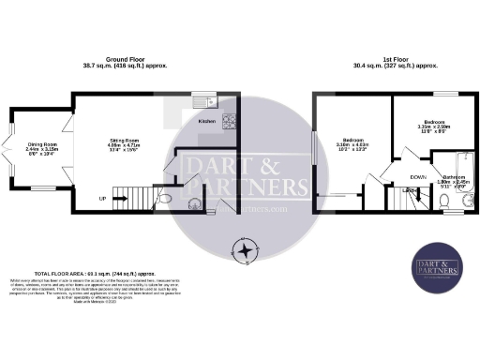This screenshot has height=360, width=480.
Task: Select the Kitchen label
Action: point(208,122)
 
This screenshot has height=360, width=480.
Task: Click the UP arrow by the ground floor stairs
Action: point(102,199)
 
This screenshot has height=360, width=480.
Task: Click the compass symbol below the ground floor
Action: point(245,251)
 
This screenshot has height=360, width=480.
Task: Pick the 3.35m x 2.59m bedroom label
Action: point(435,126)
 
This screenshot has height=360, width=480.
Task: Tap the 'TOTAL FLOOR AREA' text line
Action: point(62,270)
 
